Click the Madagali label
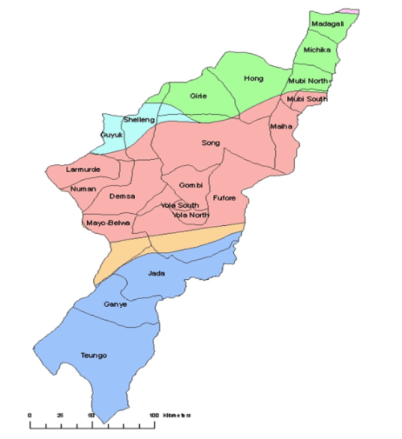(x=327, y=25)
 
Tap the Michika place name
(x=317, y=51)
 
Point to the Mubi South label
(x=309, y=99)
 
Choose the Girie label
(x=199, y=96)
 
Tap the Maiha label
(x=281, y=126)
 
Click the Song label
(x=211, y=143)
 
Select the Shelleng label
(x=138, y=121)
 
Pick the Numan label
(x=84, y=189)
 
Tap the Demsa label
(x=121, y=196)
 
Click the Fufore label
(x=224, y=197)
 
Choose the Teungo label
(x=94, y=355)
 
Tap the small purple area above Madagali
(x=347, y=10)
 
